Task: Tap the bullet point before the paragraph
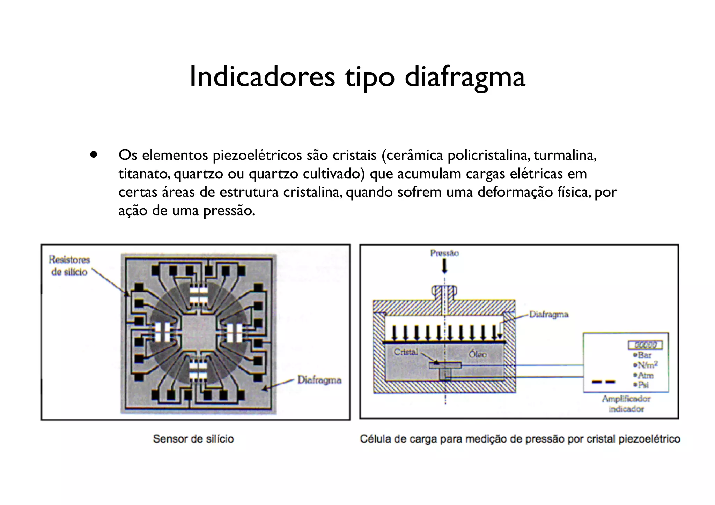click(93, 154)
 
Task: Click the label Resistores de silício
click(69, 266)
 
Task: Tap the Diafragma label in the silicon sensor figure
click(319, 380)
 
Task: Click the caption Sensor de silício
click(193, 439)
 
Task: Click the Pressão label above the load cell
click(444, 253)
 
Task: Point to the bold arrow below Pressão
click(444, 267)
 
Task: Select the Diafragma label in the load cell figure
click(548, 314)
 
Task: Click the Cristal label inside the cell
click(406, 352)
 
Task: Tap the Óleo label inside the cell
click(478, 354)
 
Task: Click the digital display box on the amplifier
click(645, 345)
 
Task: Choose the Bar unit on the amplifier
click(644, 355)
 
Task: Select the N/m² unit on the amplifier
click(647, 365)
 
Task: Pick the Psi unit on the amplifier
click(643, 385)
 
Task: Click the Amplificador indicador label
click(626, 404)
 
